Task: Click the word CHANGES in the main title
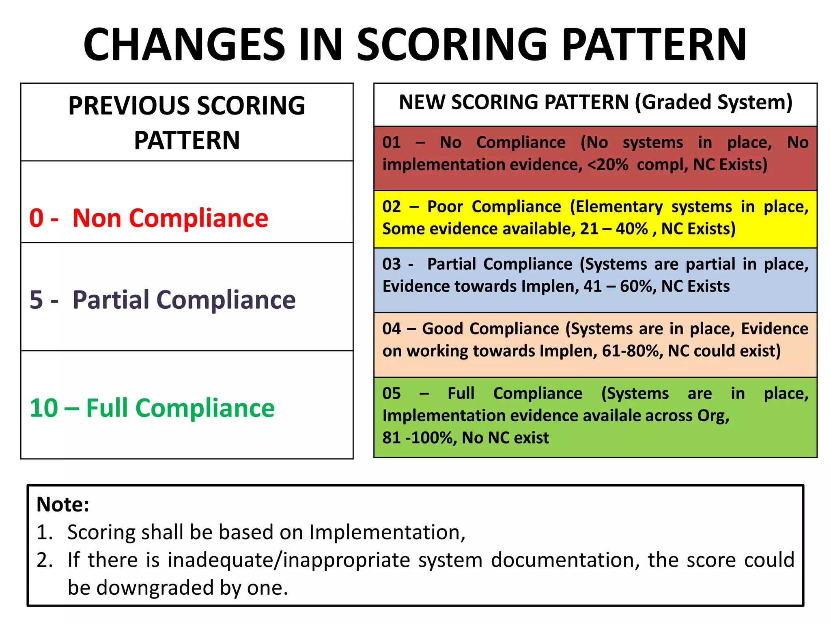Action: (185, 44)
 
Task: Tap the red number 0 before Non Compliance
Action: (37, 218)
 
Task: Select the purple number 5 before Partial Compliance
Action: (37, 300)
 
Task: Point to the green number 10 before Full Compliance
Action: (44, 408)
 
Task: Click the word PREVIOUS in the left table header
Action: (132, 106)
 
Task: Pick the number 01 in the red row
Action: (392, 143)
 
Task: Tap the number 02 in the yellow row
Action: (392, 207)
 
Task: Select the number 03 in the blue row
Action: (392, 264)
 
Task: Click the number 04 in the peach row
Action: (392, 329)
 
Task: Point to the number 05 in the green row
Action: (392, 393)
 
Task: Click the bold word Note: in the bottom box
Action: (63, 505)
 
